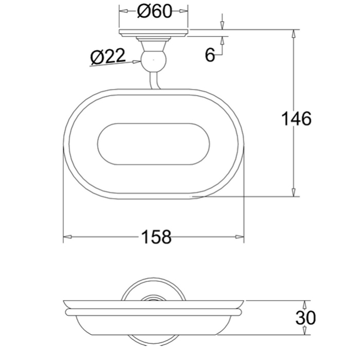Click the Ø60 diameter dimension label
[x=154, y=11]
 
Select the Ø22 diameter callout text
[x=108, y=56]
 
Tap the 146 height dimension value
[x=296, y=118]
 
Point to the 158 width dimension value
[x=157, y=237]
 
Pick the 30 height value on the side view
[x=305, y=318]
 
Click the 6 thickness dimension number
[x=210, y=55]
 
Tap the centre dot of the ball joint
[x=154, y=60]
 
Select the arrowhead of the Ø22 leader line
[x=137, y=62]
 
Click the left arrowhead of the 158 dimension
[x=67, y=237]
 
